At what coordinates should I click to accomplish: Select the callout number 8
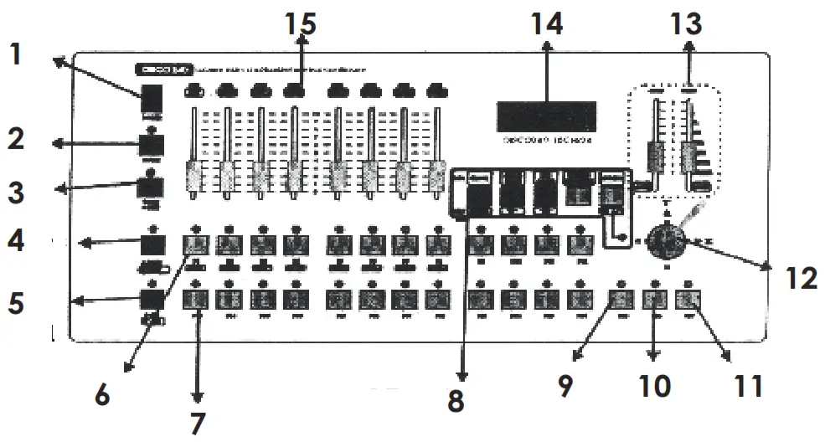(x=455, y=400)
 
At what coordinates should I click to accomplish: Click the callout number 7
(x=197, y=423)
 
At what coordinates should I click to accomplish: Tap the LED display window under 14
(x=547, y=116)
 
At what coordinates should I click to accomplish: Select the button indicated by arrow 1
(x=152, y=99)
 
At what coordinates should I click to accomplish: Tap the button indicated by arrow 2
(x=152, y=146)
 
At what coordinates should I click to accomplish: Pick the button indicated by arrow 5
(x=152, y=298)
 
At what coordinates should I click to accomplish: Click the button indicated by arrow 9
(x=620, y=298)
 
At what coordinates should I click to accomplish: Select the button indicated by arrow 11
(x=688, y=298)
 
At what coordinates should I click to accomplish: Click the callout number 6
(x=101, y=393)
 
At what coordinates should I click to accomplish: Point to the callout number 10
(x=654, y=386)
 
